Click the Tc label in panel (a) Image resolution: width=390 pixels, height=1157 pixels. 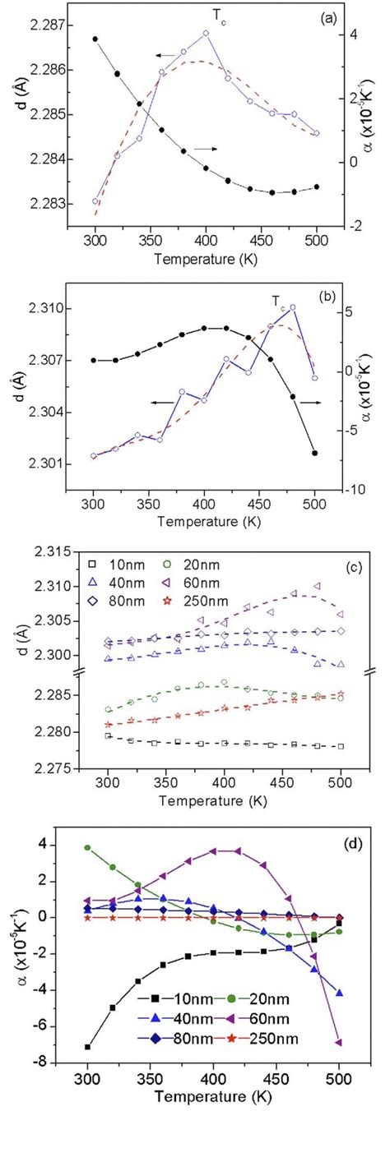click(x=220, y=16)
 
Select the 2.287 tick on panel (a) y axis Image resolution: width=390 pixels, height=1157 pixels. click(x=44, y=25)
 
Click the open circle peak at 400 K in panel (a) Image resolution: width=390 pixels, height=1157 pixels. click(x=206, y=33)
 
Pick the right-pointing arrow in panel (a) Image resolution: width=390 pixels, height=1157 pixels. click(x=206, y=149)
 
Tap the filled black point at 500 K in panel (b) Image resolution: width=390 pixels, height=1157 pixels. click(x=314, y=453)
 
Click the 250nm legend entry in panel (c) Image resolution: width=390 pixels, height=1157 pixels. click(x=202, y=602)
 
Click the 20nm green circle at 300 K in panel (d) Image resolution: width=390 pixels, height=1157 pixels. click(x=88, y=847)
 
